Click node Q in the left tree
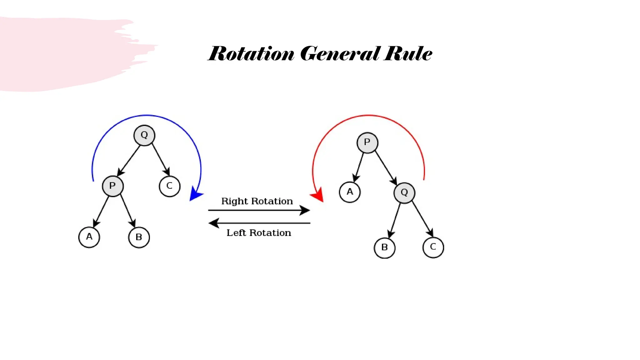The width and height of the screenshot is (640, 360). pos(144,135)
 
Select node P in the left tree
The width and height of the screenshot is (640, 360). pos(112,186)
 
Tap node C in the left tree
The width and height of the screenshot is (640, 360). pos(169,186)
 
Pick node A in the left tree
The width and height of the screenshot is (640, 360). pos(89,237)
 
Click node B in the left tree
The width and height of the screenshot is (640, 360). pos(139,237)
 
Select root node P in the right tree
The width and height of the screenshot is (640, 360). pos(367,143)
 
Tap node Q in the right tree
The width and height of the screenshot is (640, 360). pos(404,193)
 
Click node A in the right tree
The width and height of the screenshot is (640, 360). pos(350,192)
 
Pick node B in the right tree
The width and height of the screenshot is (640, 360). pos(384,248)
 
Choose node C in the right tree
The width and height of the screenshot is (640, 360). pos(433,247)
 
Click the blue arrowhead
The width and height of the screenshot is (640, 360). pos(195,194)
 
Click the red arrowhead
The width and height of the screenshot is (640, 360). pos(318,195)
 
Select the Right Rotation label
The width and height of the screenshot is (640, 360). pos(257,201)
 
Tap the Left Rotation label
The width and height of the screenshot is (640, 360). pos(259,233)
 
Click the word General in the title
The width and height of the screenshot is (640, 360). pos(340,54)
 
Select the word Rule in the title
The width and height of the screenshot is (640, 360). pos(408,54)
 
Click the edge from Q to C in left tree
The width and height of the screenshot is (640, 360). pos(160,159)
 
